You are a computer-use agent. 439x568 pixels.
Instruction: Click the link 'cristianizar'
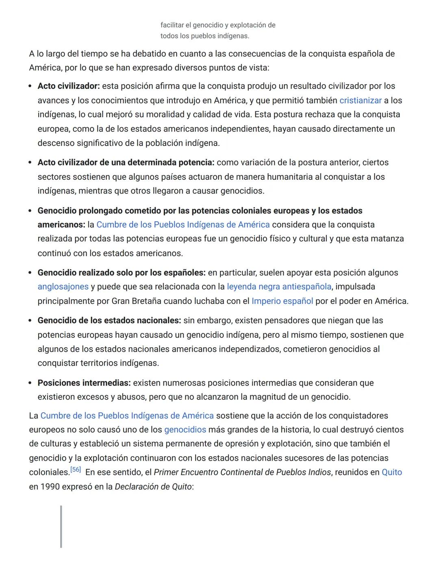pos(360,100)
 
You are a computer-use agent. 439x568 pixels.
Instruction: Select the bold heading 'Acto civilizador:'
pos(69,86)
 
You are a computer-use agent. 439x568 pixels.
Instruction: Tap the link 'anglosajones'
pos(63,287)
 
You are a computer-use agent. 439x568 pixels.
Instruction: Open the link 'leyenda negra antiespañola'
pos(279,287)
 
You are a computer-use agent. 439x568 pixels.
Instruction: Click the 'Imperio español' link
pos(282,301)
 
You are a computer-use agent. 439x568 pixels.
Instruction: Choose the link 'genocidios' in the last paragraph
pos(185,430)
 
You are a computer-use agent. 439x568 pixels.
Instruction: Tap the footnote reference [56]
pos(76,470)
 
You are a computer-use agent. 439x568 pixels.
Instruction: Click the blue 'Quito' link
pos(391,472)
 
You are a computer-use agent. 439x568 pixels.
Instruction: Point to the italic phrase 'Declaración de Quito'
pos(153,487)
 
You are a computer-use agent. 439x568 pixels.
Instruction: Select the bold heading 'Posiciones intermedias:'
pos(84,383)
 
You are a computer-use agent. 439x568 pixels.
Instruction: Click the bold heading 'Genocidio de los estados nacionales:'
pos(109,320)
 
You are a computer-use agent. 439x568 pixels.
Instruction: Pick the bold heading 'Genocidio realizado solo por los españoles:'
pos(122,273)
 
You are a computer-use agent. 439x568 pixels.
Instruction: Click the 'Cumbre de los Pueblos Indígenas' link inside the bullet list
pos(183,225)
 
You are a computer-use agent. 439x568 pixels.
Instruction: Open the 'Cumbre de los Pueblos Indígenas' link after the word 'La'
pos(127,416)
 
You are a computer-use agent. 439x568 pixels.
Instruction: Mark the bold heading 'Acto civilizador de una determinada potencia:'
pos(126,163)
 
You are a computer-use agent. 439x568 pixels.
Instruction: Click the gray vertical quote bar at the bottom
pos(61,527)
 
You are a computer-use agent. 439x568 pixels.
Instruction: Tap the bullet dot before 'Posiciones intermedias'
pos(30,383)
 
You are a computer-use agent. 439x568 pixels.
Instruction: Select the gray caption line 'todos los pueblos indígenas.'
pos(204,36)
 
